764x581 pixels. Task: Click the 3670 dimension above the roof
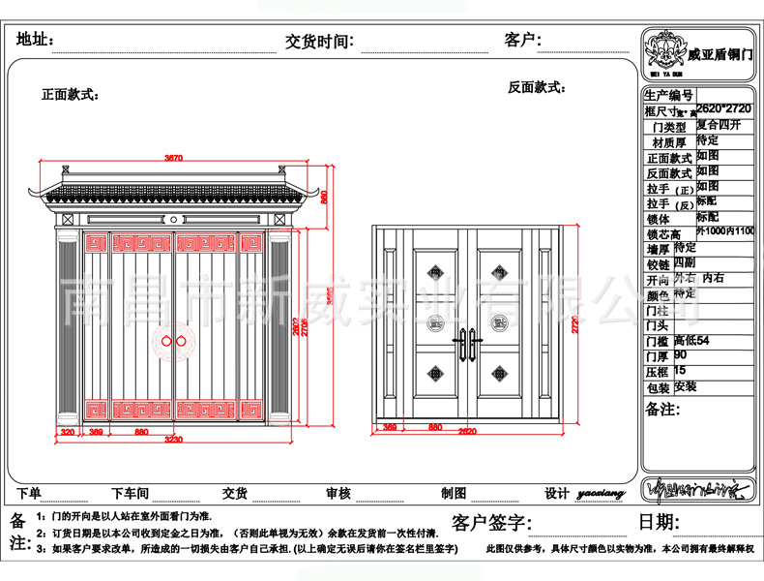coord(174,157)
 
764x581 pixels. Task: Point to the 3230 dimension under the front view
coord(174,441)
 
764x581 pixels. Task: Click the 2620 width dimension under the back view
coord(467,430)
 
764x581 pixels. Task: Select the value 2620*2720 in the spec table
coord(723,110)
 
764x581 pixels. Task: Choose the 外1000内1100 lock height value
coord(725,232)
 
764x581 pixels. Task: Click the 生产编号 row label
coord(668,95)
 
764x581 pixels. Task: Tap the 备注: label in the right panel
coord(664,409)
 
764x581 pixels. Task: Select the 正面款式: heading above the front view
coord(70,95)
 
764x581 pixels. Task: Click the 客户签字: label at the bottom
coord(487,523)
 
